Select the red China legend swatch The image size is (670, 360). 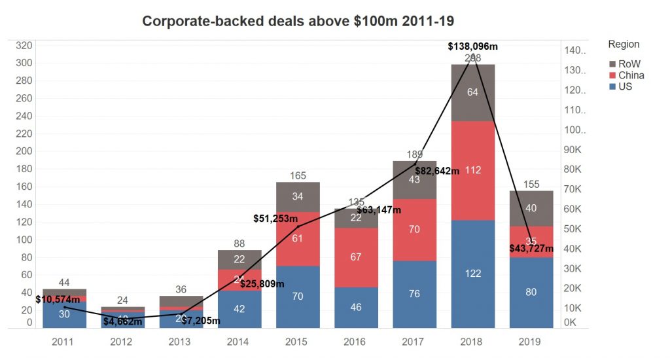[612, 75]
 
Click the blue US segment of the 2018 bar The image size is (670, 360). [472, 274]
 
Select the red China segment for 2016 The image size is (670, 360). [356, 257]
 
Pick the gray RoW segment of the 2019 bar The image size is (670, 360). [531, 208]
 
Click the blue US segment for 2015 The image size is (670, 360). [298, 297]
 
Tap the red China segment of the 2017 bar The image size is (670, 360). [414, 230]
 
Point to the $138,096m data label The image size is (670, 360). [472, 46]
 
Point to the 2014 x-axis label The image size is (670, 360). [239, 342]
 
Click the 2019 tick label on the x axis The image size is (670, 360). [531, 342]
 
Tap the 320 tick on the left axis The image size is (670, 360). [24, 46]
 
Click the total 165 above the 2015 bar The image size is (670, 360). [298, 175]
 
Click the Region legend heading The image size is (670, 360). [624, 45]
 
